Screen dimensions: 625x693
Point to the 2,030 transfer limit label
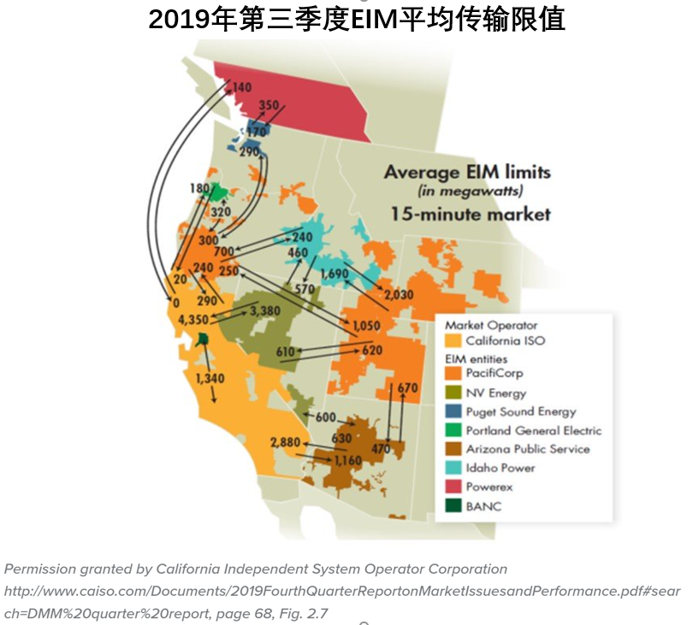[399, 294]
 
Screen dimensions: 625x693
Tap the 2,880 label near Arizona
[287, 442]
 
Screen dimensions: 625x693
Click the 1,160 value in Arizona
[348, 461]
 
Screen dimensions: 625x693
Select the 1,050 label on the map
[365, 327]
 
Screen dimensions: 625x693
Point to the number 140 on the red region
[241, 87]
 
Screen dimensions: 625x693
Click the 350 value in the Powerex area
[269, 105]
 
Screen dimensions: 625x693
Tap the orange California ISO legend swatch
[453, 340]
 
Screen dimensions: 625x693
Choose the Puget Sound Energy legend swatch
[453, 412]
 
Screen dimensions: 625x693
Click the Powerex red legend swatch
[453, 486]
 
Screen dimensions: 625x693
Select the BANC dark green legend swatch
[453, 505]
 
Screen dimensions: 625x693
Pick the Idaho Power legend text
[500, 468]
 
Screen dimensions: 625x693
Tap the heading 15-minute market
[471, 214]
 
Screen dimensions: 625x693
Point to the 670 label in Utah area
[408, 388]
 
